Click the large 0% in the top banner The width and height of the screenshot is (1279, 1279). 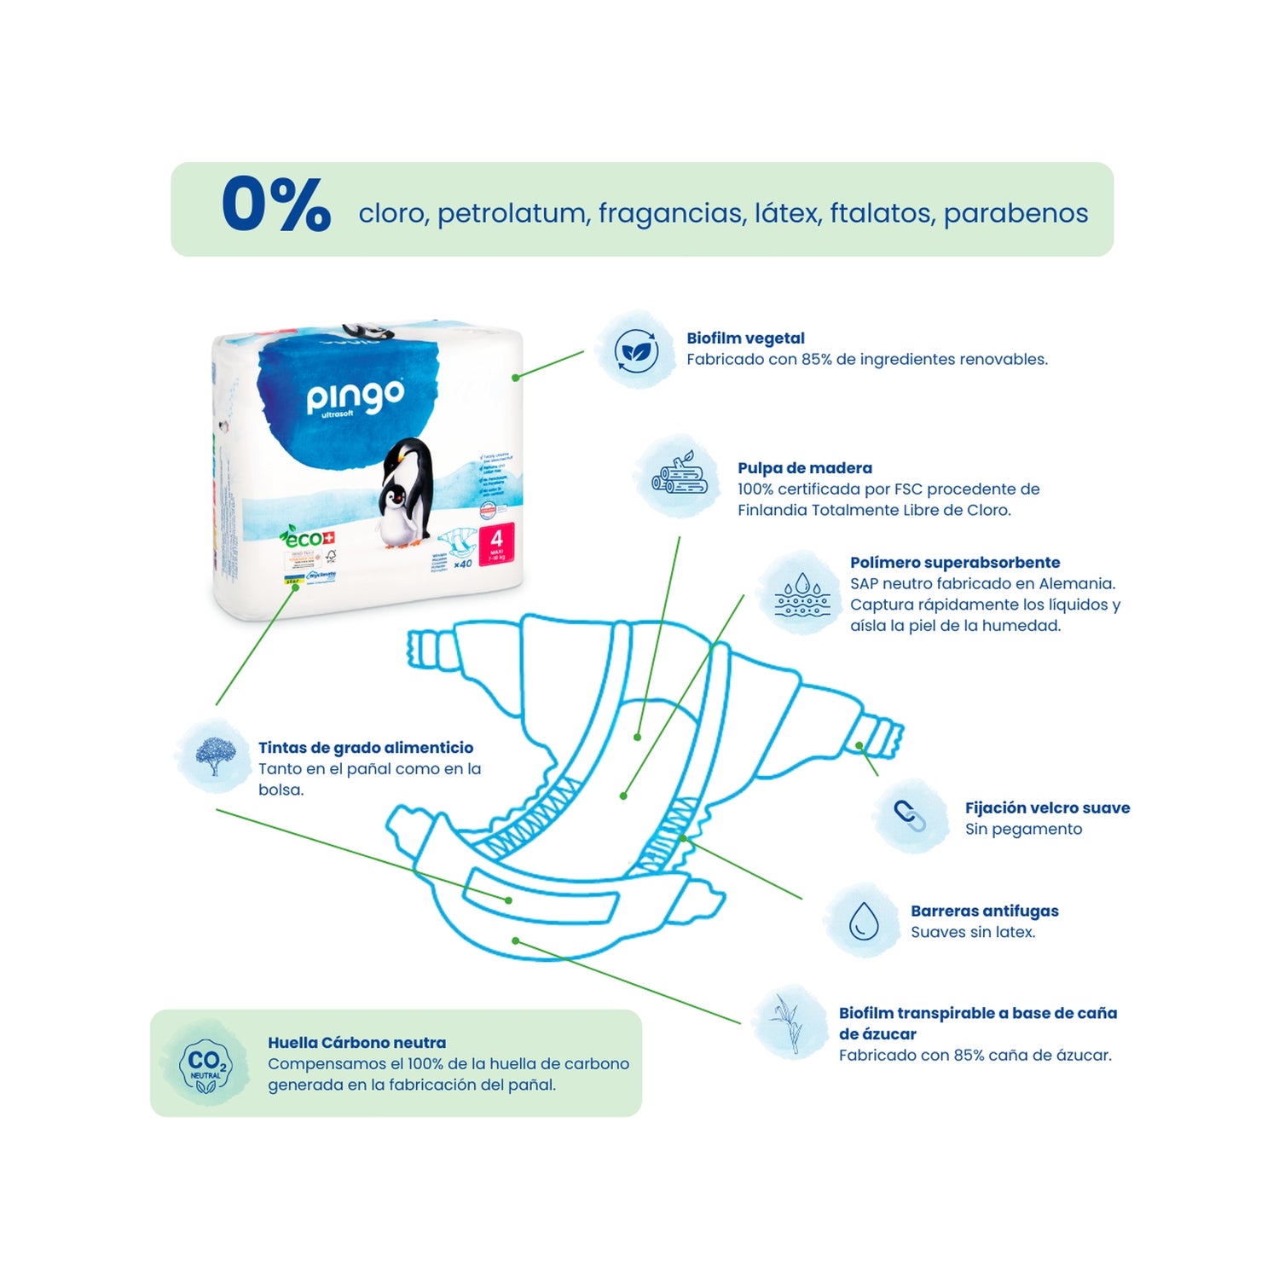pyautogui.click(x=275, y=205)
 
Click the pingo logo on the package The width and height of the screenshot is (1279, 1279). pyautogui.click(x=355, y=397)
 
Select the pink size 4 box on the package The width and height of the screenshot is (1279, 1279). pyautogui.click(x=496, y=545)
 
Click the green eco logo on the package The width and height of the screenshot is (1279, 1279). pyautogui.click(x=307, y=538)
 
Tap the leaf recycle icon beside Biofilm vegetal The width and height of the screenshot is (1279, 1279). pyautogui.click(x=636, y=351)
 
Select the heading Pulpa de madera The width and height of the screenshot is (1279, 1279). pyautogui.click(x=804, y=468)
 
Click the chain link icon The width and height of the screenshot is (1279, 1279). pyautogui.click(x=910, y=816)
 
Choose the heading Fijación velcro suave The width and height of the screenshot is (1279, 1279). pyautogui.click(x=1047, y=808)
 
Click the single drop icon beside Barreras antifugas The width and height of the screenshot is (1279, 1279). pyautogui.click(x=863, y=921)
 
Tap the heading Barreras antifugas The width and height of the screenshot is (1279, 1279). pyautogui.click(x=984, y=912)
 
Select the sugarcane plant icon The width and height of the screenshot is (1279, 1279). pyautogui.click(x=790, y=1023)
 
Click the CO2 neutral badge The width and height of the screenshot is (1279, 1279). pyautogui.click(x=205, y=1064)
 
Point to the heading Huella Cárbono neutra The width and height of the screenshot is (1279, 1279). pyautogui.click(x=356, y=1043)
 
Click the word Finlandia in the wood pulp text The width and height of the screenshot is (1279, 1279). pyautogui.click(x=772, y=510)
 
